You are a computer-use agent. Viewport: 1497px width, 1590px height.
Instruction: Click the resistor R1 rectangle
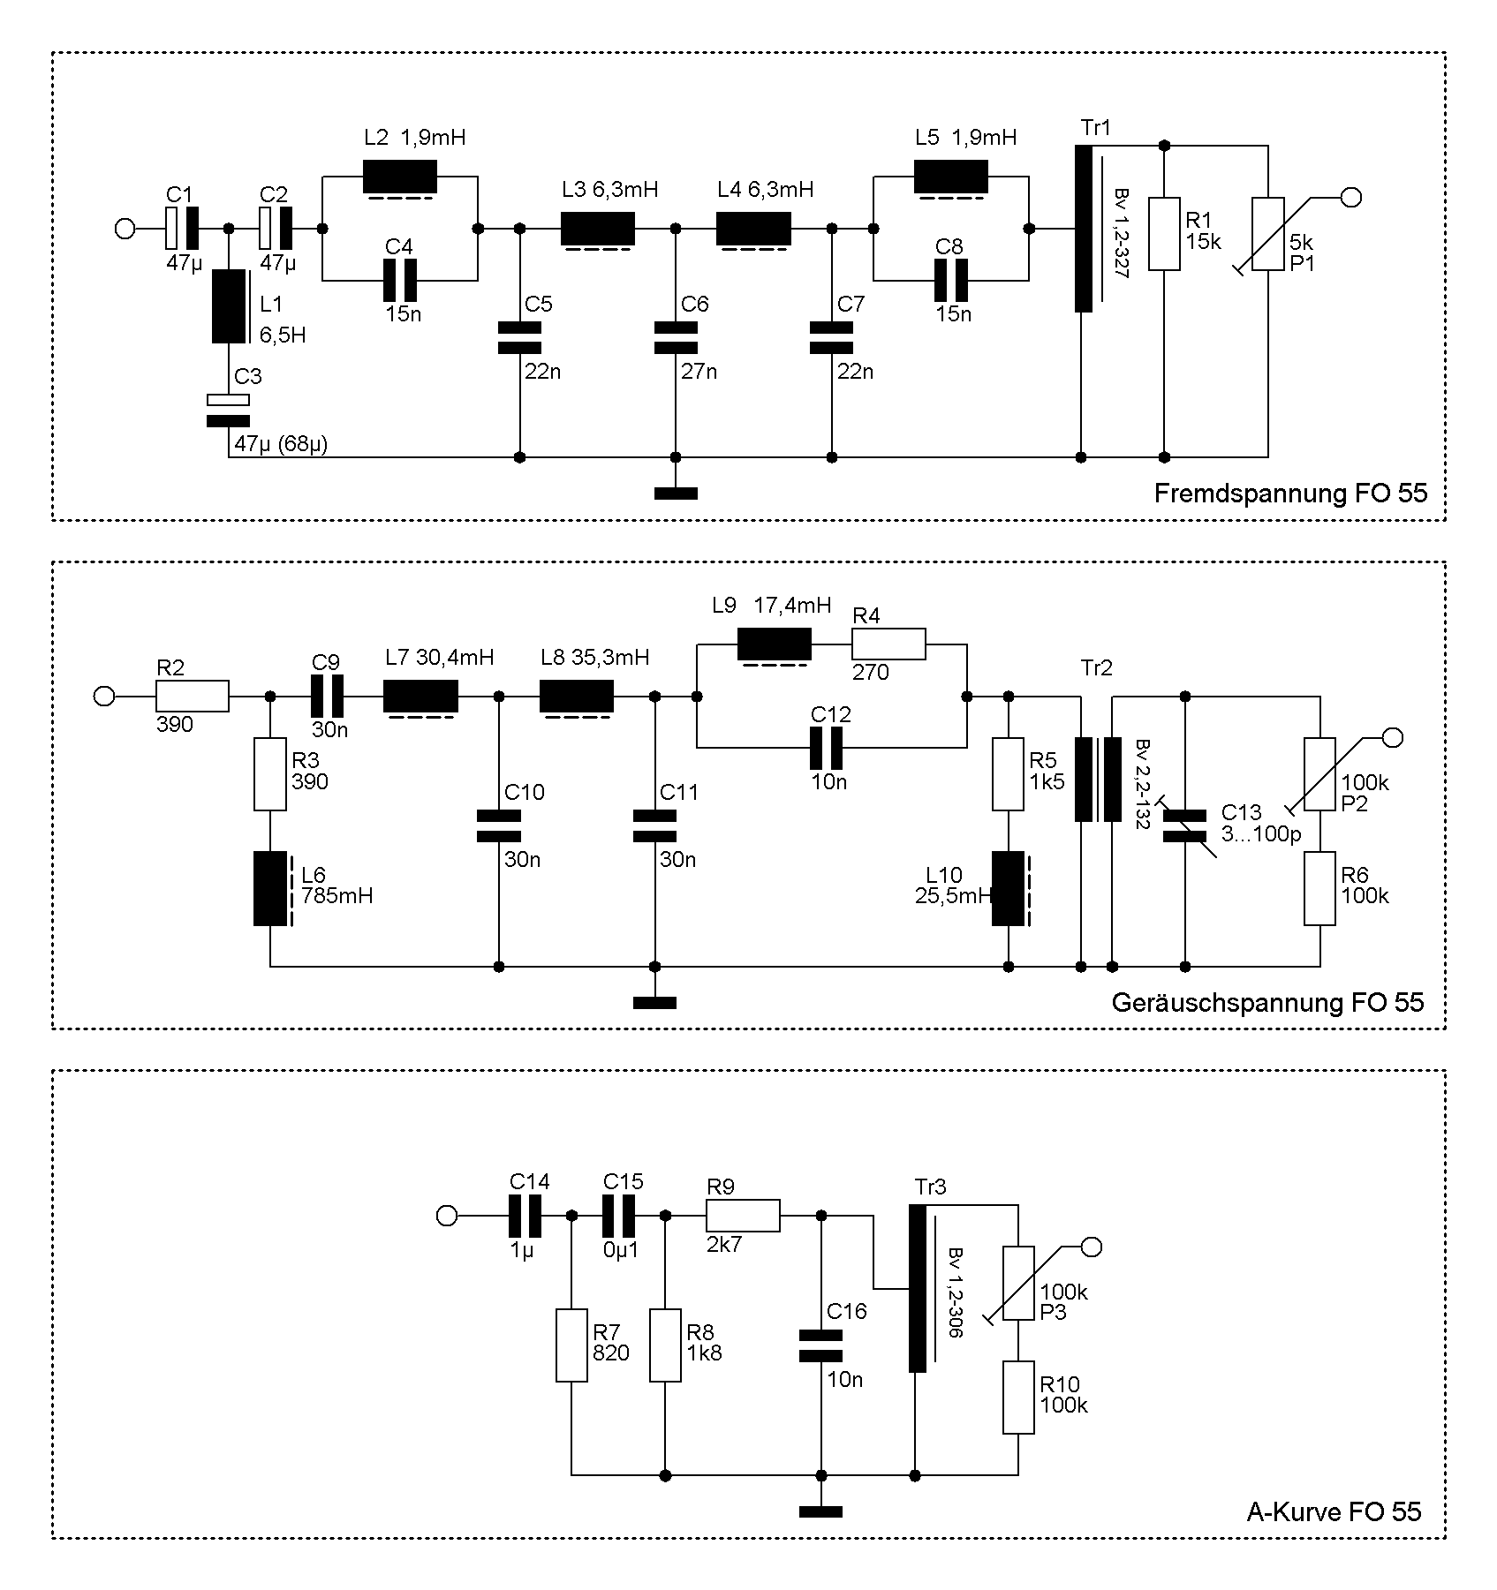pyautogui.click(x=1164, y=234)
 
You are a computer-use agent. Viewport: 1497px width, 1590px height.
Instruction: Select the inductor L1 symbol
pyautogui.click(x=229, y=306)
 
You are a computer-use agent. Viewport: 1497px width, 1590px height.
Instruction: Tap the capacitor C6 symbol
pyautogui.click(x=676, y=338)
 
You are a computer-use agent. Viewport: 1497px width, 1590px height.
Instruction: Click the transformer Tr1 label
pyautogui.click(x=1095, y=129)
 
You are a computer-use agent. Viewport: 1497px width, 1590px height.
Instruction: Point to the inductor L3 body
pyautogui.click(x=598, y=229)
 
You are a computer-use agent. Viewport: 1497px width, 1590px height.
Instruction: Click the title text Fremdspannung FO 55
pyautogui.click(x=1289, y=494)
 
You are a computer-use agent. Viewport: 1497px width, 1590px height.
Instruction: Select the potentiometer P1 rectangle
pyautogui.click(x=1268, y=234)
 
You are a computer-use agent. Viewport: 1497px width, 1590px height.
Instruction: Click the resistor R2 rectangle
pyautogui.click(x=193, y=697)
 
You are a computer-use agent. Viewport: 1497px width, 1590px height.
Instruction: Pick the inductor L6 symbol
pyautogui.click(x=270, y=888)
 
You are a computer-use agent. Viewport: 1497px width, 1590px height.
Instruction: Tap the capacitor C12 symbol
pyautogui.click(x=827, y=748)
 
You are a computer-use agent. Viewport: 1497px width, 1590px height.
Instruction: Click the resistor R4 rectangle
pyautogui.click(x=888, y=644)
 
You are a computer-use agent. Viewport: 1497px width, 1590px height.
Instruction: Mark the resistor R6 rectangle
pyautogui.click(x=1319, y=888)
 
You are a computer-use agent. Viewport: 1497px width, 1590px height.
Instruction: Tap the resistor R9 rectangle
pyautogui.click(x=743, y=1216)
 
